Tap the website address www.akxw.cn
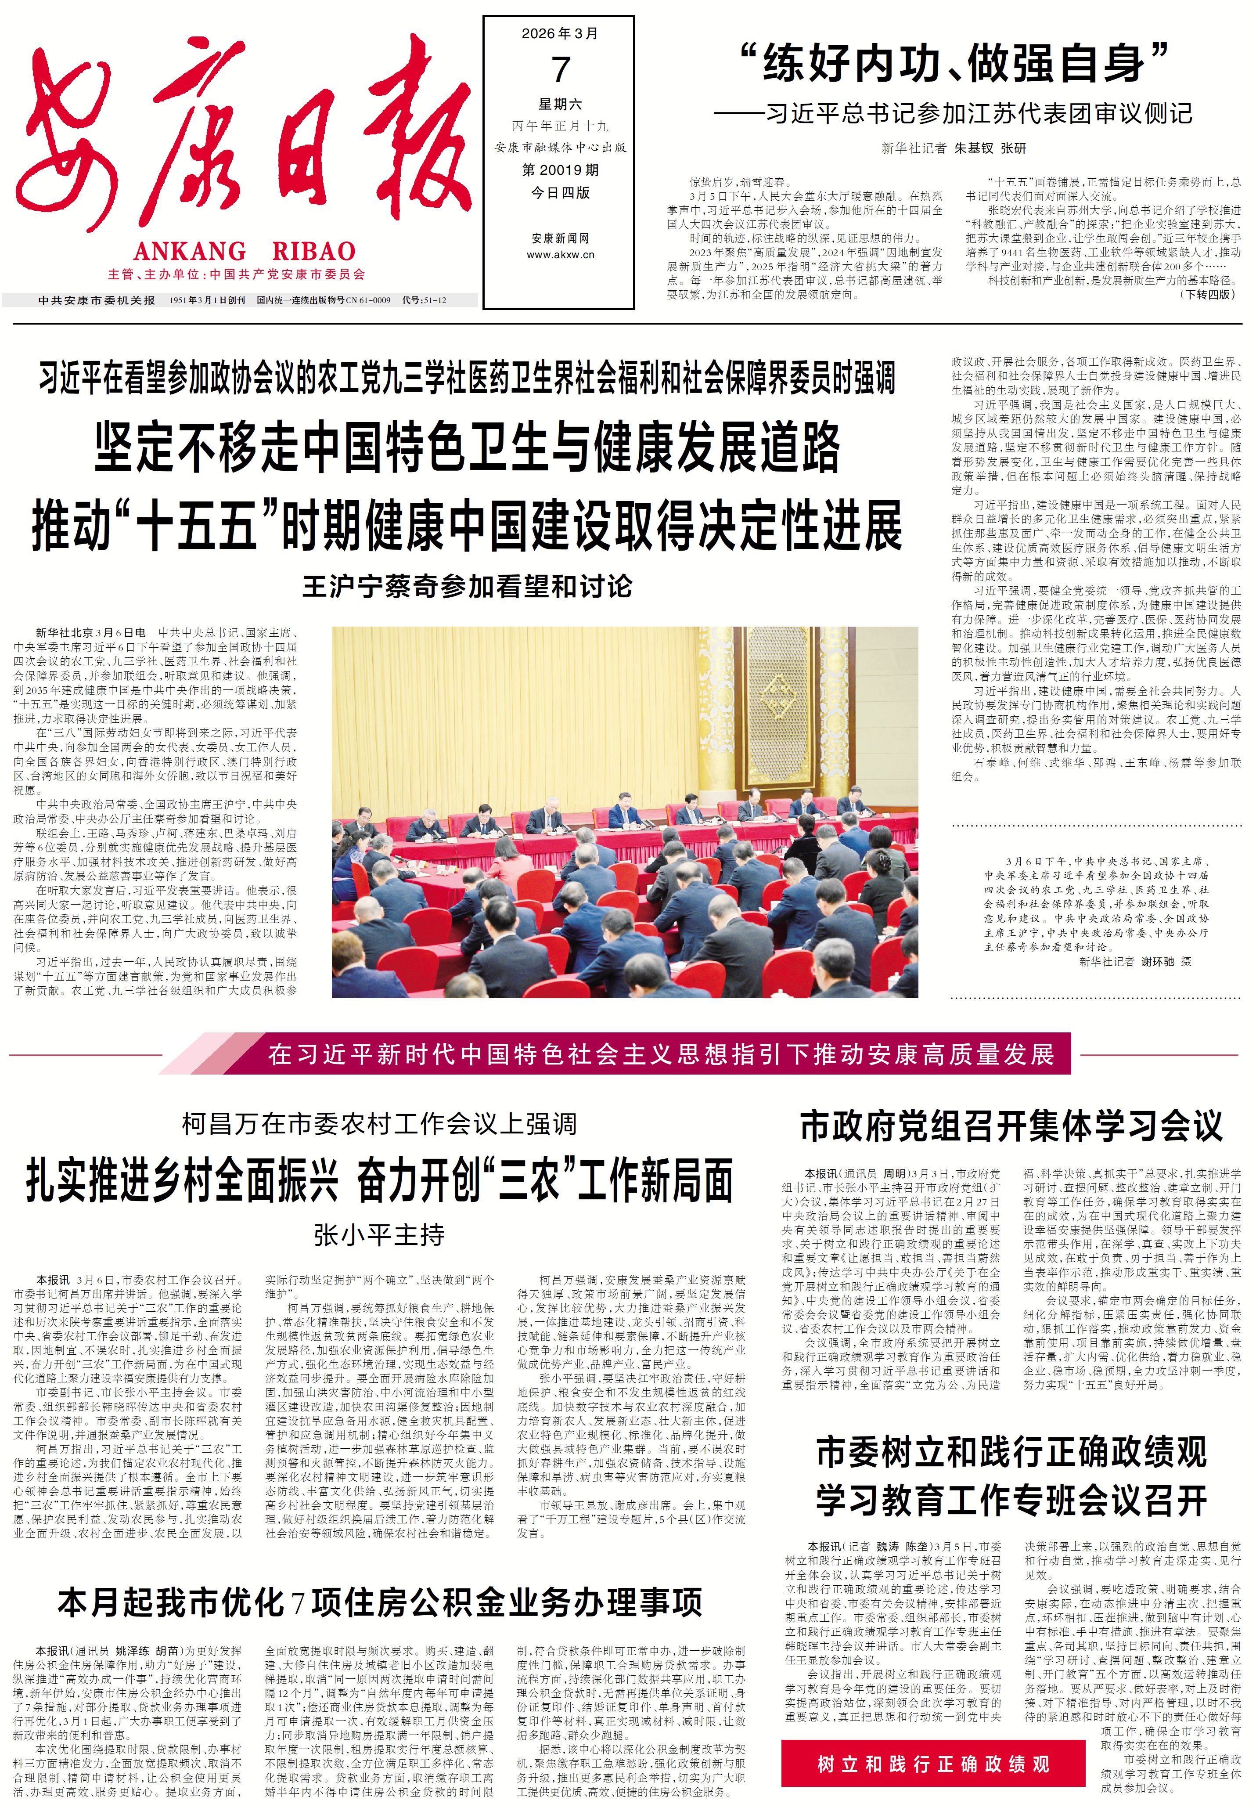click(x=560, y=254)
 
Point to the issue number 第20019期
click(x=560, y=170)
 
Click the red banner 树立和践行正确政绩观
click(x=932, y=1764)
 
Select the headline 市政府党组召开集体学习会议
click(x=1011, y=1126)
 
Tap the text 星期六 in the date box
click(x=560, y=104)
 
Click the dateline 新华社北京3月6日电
click(x=90, y=632)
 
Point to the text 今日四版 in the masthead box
click(x=560, y=193)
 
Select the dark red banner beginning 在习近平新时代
click(x=659, y=1054)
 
